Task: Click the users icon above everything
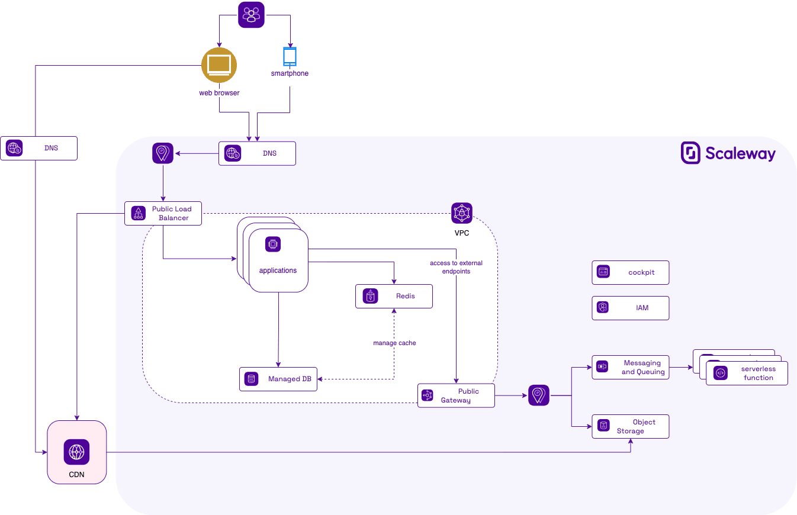click(251, 15)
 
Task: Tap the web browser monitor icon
click(219, 65)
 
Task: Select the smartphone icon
click(290, 56)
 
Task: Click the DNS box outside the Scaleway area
click(38, 148)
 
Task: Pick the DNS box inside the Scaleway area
click(257, 153)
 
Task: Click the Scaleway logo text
click(740, 154)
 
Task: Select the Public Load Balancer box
click(163, 213)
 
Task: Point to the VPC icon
click(462, 213)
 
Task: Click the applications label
click(278, 271)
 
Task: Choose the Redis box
click(394, 296)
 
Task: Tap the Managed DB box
click(278, 379)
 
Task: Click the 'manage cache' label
click(394, 343)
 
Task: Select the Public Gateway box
click(456, 395)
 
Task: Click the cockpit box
click(630, 272)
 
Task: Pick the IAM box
click(630, 308)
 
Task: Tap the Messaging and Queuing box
click(630, 367)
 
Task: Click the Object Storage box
click(630, 426)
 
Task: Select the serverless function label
click(758, 373)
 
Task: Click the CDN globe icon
click(76, 452)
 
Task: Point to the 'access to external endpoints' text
click(456, 267)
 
